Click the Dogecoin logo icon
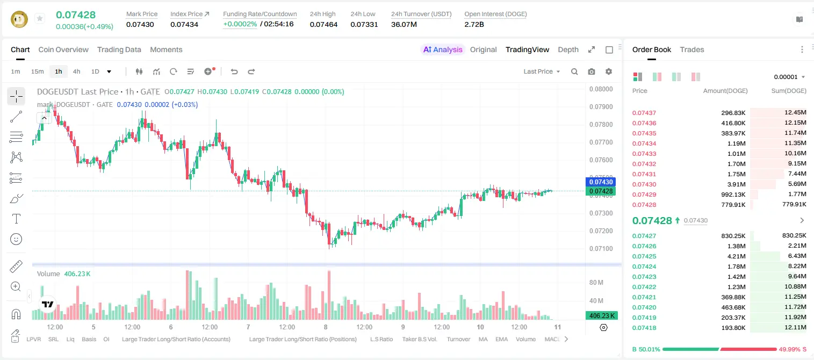(x=19, y=19)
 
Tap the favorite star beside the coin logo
(x=40, y=18)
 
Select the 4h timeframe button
(x=76, y=71)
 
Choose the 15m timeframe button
(x=38, y=71)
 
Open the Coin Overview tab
(x=63, y=49)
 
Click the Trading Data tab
(x=119, y=49)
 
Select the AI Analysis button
(x=443, y=49)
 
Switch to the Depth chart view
(x=568, y=49)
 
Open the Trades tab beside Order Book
(x=692, y=49)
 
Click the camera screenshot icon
(x=592, y=71)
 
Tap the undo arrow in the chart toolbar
(x=234, y=71)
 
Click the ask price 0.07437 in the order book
(x=644, y=113)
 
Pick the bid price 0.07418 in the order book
(x=644, y=328)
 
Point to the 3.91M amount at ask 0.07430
(x=736, y=184)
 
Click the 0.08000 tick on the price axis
(x=601, y=89)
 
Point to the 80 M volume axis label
(x=596, y=282)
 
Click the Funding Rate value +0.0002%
(x=240, y=24)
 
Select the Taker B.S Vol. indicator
(x=419, y=339)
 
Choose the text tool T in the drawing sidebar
(x=16, y=219)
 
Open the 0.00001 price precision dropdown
(x=790, y=77)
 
